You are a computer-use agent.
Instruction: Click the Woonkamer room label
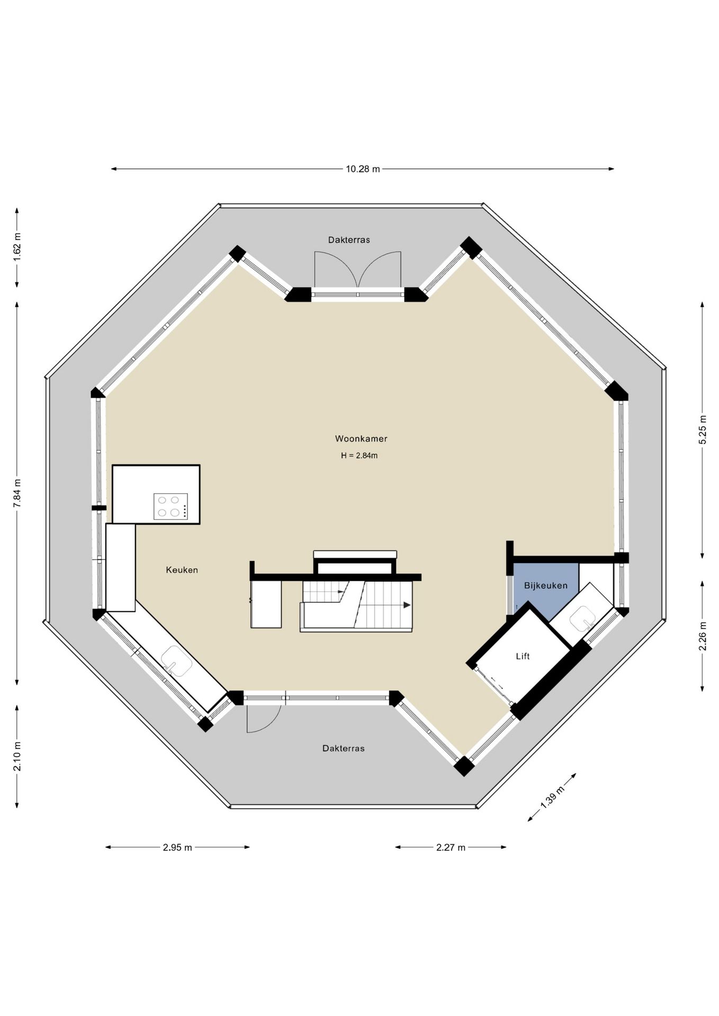(361, 439)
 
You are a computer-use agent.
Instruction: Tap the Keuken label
(182, 570)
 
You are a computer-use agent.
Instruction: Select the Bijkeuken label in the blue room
(545, 586)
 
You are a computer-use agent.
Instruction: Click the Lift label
(523, 656)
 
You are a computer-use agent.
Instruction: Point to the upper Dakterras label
(349, 240)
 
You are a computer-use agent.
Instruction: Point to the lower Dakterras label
(344, 748)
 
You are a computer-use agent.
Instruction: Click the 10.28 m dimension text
(363, 169)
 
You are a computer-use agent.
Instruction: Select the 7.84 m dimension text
(17, 493)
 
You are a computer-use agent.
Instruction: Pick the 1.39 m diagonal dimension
(552, 797)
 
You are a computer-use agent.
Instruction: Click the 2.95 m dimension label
(177, 847)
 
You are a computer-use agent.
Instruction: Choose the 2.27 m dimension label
(451, 847)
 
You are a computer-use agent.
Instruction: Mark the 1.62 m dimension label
(17, 247)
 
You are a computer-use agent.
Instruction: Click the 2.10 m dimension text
(17, 756)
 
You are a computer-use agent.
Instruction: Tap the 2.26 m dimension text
(703, 636)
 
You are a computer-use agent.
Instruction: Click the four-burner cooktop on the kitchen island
(170, 506)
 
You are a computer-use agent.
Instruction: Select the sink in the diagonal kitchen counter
(176, 662)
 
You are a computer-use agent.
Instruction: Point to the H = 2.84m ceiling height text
(359, 456)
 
